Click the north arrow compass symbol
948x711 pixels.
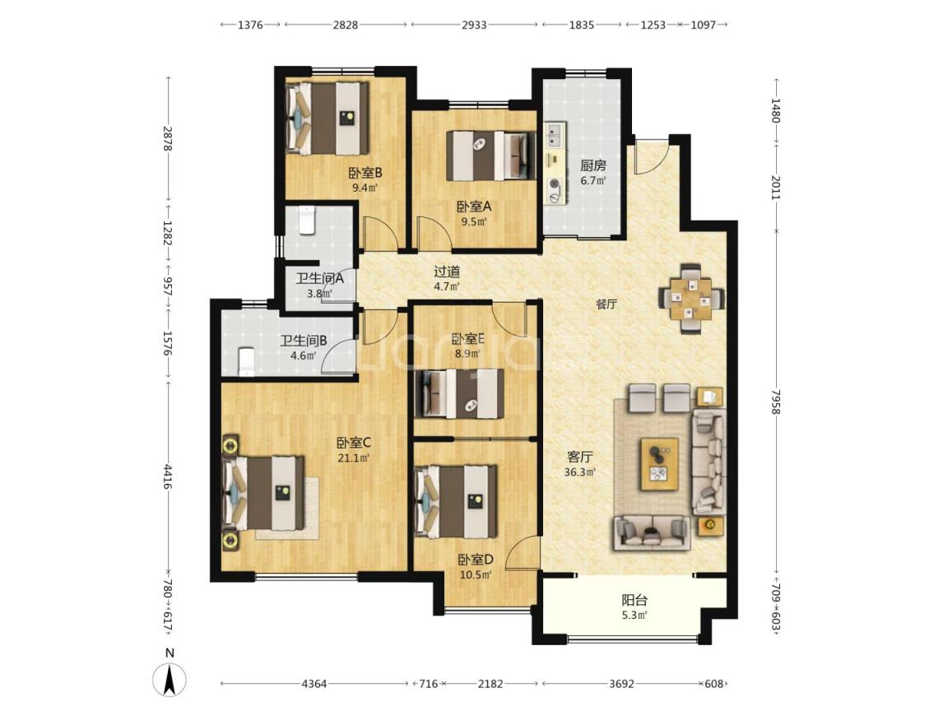(x=170, y=679)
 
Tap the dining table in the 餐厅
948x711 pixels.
(x=690, y=298)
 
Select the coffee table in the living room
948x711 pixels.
(x=659, y=464)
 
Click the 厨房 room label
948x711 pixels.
(x=592, y=165)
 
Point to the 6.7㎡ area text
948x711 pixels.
(x=592, y=181)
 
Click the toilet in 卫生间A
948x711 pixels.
(x=306, y=221)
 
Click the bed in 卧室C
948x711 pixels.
(x=263, y=494)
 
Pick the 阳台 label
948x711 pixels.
(x=634, y=601)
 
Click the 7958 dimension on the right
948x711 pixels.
(x=776, y=402)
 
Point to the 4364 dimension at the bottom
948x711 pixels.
(x=314, y=684)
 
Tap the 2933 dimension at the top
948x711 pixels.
(x=474, y=25)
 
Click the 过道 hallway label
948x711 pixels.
(x=448, y=272)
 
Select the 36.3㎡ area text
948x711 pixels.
(x=579, y=472)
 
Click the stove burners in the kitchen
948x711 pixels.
(x=553, y=190)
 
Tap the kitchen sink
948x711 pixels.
(x=555, y=136)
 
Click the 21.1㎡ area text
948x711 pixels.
(x=354, y=458)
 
